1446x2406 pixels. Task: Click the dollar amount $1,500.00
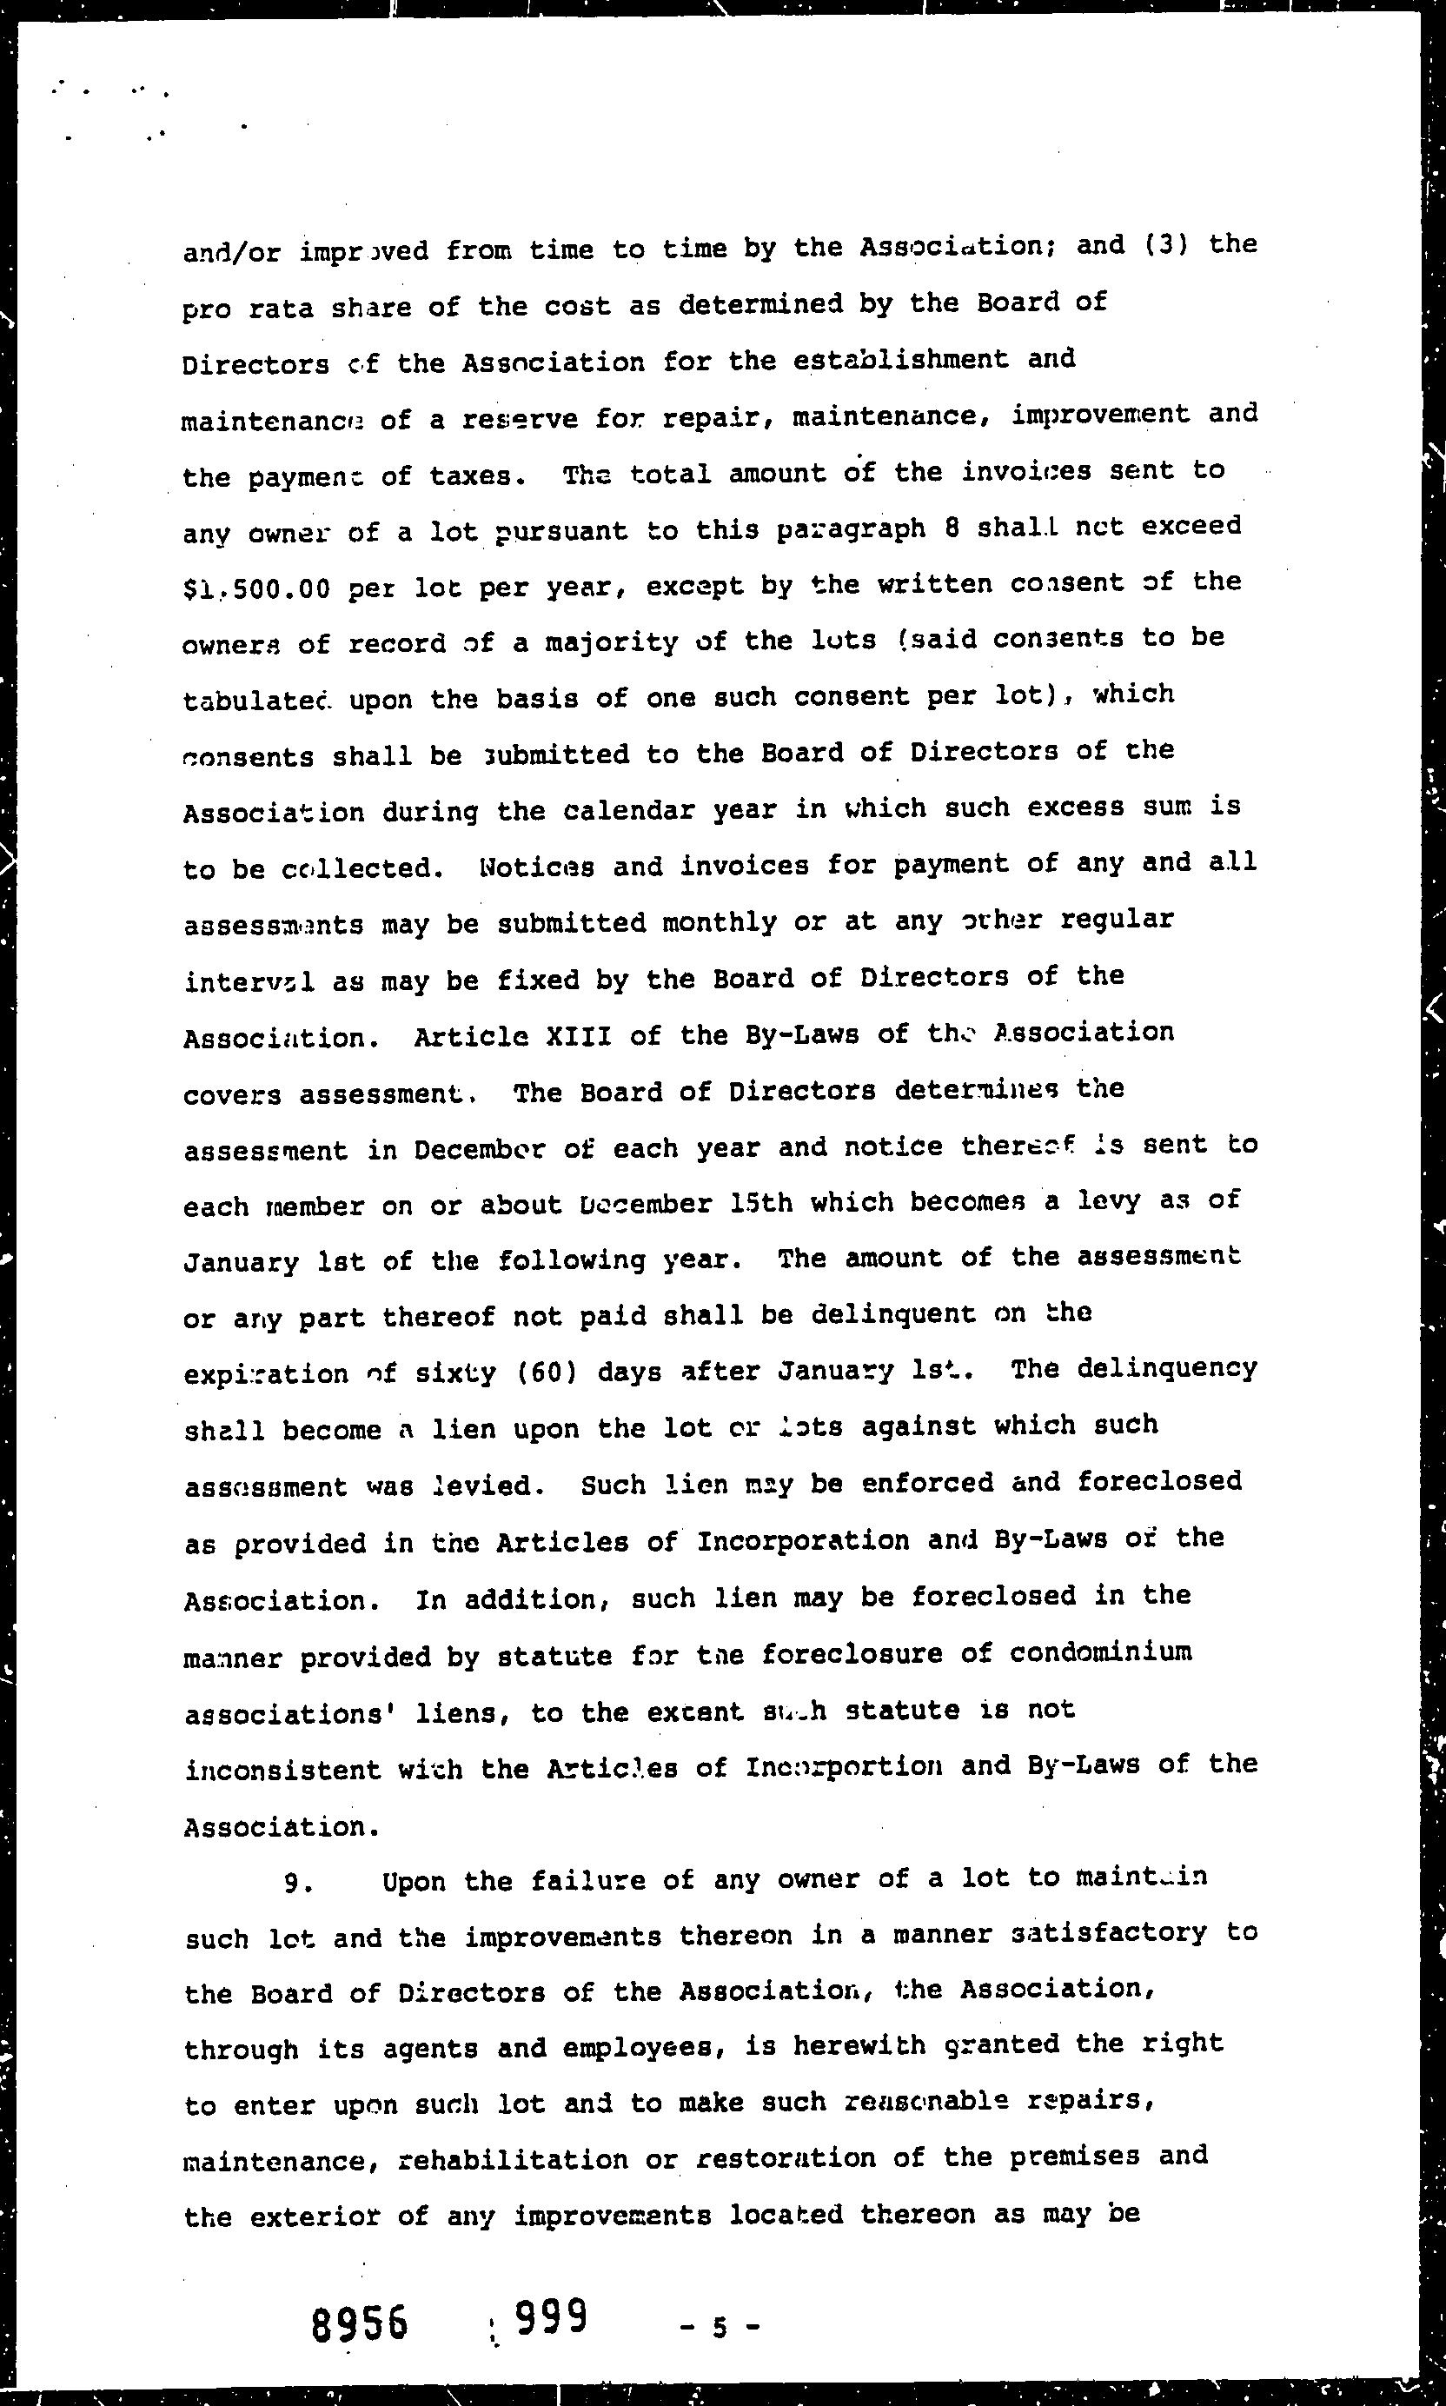[x=256, y=588]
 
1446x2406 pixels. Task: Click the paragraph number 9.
[x=296, y=1884]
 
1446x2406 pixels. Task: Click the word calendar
[x=594, y=811]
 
